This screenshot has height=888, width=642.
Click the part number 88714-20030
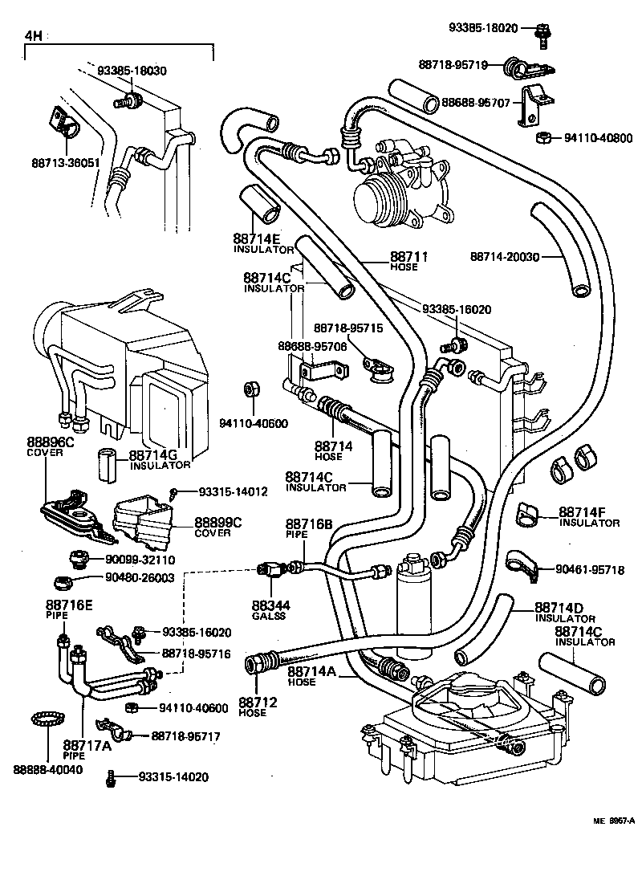(504, 257)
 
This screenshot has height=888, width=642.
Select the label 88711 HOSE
(405, 261)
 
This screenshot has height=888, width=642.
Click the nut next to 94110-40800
(542, 137)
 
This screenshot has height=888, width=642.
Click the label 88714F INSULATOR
(588, 516)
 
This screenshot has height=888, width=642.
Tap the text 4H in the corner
(33, 36)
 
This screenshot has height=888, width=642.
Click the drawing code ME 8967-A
(614, 820)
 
